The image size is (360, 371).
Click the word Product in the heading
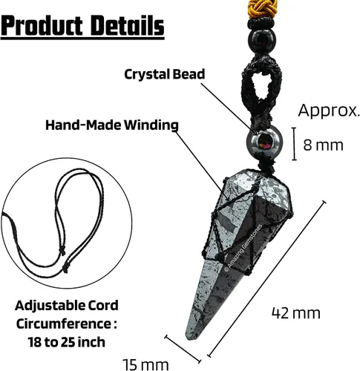[42, 25]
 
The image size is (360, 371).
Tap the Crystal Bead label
[165, 74]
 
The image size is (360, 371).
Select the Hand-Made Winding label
[112, 125]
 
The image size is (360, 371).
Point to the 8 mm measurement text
[324, 145]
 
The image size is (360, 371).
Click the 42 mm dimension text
[296, 313]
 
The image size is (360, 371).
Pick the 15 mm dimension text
[145, 364]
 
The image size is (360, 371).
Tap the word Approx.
[329, 111]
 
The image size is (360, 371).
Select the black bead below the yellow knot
[262, 40]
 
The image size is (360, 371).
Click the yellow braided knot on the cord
[262, 10]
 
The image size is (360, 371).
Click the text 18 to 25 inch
[67, 342]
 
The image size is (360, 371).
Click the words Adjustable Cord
[67, 306]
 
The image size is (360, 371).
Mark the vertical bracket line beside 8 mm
[294, 144]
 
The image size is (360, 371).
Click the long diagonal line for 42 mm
[266, 279]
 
